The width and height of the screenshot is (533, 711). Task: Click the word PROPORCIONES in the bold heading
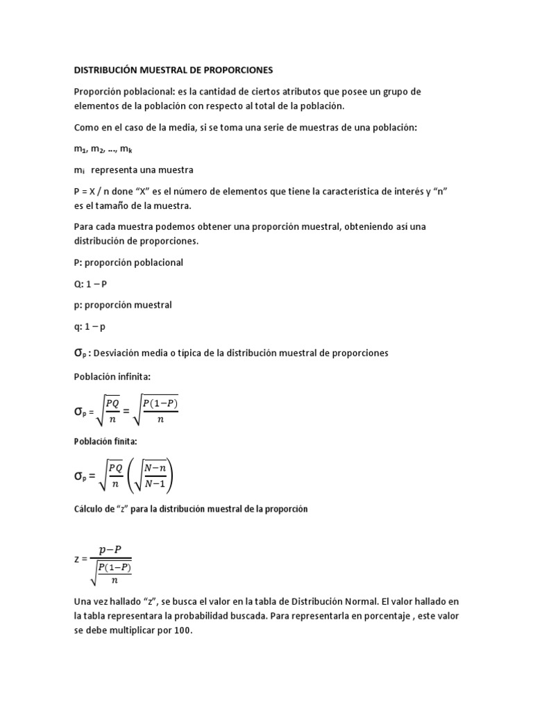235,70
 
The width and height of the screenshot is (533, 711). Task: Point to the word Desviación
120,353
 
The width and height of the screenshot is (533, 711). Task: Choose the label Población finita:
103,441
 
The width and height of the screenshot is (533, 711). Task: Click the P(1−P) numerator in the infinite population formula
161,402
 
